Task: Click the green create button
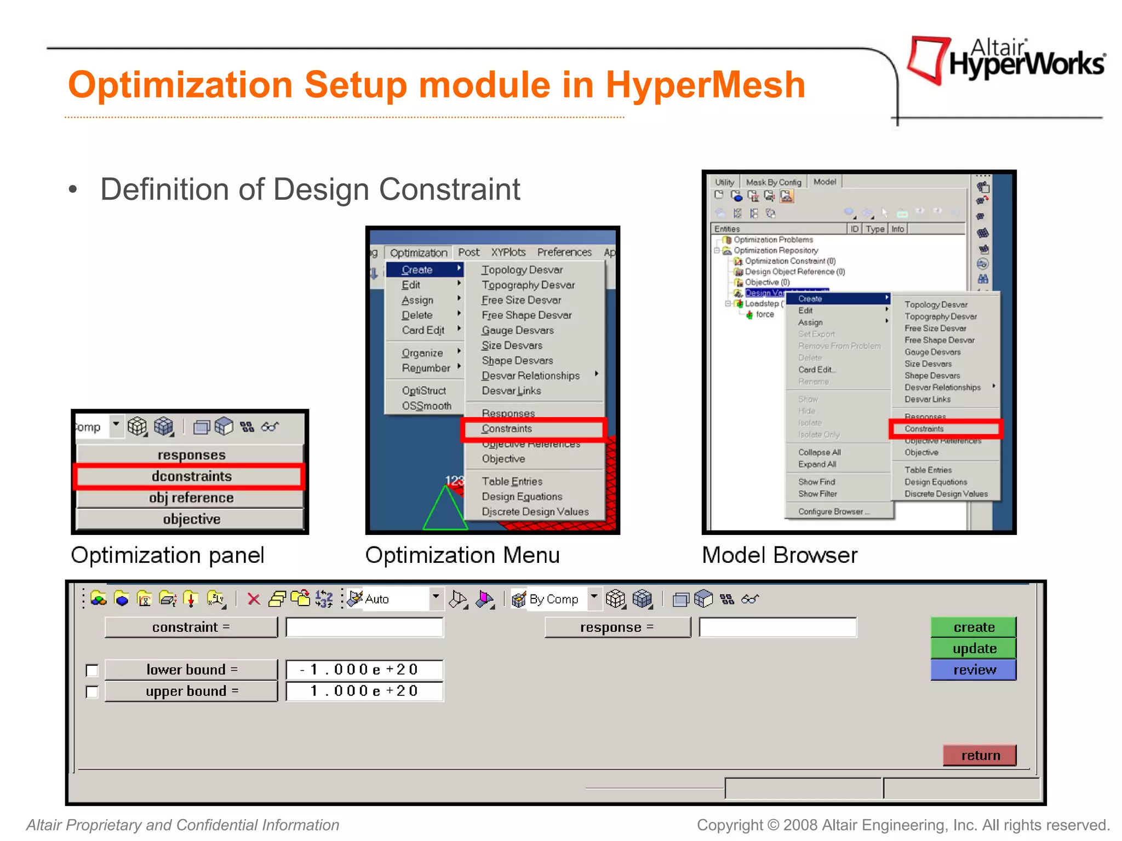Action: [x=974, y=627]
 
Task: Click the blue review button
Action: [x=974, y=670]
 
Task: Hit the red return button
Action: [x=980, y=756]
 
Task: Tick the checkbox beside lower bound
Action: [x=92, y=670]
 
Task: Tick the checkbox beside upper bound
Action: [x=92, y=692]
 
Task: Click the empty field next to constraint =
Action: [x=364, y=627]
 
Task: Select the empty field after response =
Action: [x=777, y=627]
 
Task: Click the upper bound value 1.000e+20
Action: [x=364, y=691]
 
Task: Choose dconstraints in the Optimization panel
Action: [x=191, y=476]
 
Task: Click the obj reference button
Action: [x=191, y=498]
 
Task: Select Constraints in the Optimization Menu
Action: [x=507, y=429]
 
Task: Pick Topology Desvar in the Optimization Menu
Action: [x=522, y=270]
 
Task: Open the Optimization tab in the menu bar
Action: [x=419, y=252]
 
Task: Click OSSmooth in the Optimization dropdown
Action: [x=426, y=406]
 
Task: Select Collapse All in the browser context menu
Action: [x=820, y=452]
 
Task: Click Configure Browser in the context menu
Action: [x=831, y=511]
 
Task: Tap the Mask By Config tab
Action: [x=774, y=182]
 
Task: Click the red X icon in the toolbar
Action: [x=253, y=600]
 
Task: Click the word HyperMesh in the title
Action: [x=705, y=85]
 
